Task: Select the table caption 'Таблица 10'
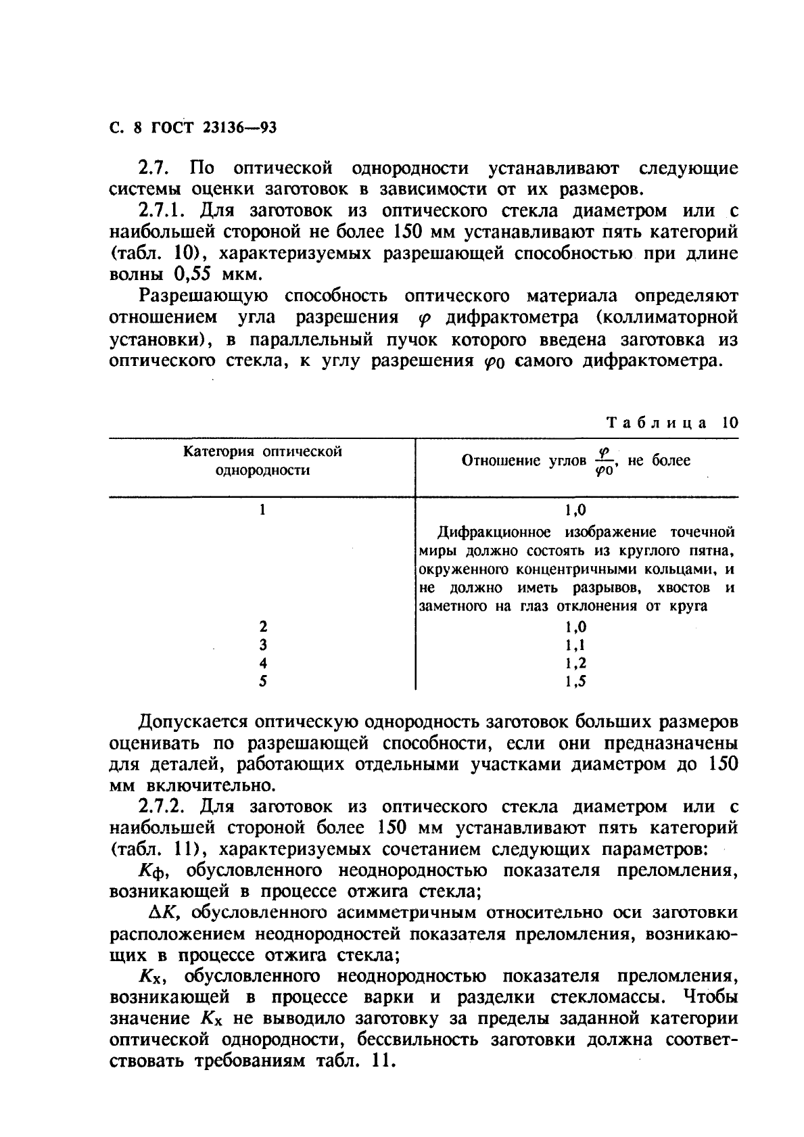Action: (672, 423)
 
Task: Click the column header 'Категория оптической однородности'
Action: (262, 461)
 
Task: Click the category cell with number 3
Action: (263, 645)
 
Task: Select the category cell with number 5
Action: (263, 681)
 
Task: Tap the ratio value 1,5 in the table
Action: (575, 681)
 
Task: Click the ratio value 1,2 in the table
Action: (575, 664)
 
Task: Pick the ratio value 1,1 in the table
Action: (575, 645)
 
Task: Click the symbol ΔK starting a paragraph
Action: (163, 912)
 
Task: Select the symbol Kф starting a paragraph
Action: (153, 871)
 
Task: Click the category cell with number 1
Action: (263, 510)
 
